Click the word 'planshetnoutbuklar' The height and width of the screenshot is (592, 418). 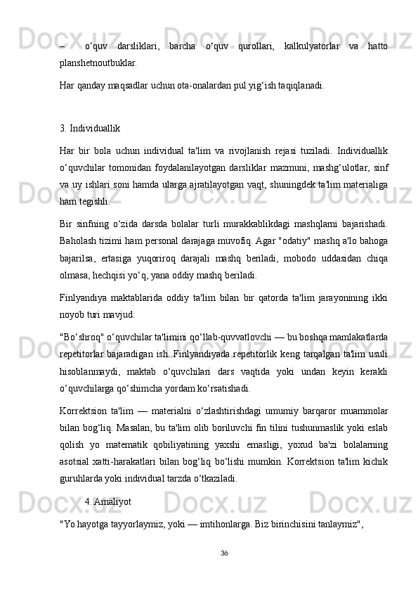[x=98, y=62]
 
